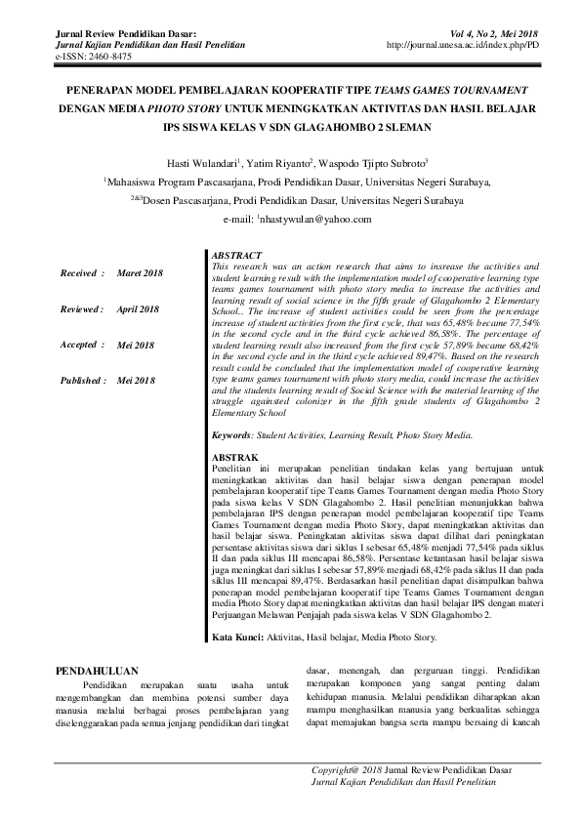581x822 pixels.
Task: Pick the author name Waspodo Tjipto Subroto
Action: click(385, 162)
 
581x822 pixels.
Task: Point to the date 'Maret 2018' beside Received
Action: click(140, 272)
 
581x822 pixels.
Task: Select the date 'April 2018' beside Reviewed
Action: click(139, 308)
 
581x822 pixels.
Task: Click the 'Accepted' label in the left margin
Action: click(79, 345)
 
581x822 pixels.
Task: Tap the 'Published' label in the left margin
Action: click(81, 380)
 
